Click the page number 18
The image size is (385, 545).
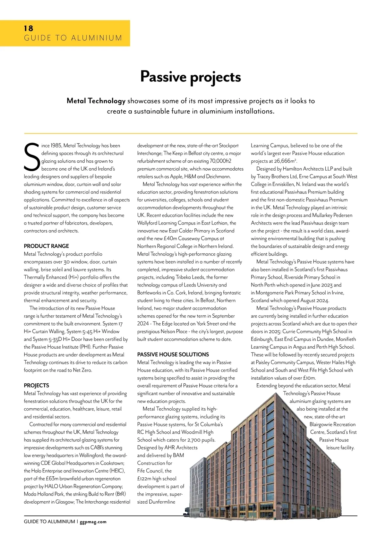click(x=29, y=29)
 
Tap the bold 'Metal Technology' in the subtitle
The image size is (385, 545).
click(x=96, y=101)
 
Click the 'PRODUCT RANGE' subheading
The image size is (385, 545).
click(x=46, y=246)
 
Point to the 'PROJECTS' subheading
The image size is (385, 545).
click(x=36, y=386)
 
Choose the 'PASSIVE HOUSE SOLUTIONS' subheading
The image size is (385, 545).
click(x=173, y=354)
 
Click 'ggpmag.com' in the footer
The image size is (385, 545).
click(x=93, y=522)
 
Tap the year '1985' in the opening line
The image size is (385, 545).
click(x=56, y=146)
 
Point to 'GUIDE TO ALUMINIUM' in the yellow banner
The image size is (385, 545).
click(x=73, y=38)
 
